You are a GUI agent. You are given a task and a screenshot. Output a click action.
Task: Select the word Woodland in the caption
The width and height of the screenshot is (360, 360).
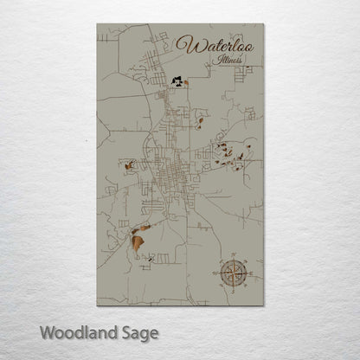(73, 331)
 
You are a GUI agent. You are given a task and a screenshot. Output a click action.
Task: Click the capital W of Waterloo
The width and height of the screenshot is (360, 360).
(184, 42)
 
